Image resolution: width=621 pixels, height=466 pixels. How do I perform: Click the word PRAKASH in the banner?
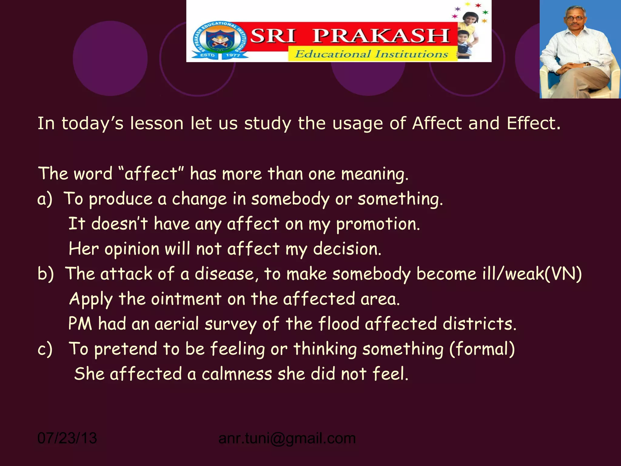point(381,36)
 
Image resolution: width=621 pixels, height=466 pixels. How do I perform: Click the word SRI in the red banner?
point(273,36)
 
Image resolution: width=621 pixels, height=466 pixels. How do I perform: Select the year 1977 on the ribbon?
point(233,55)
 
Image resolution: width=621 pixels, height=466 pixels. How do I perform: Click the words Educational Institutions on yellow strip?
point(371,54)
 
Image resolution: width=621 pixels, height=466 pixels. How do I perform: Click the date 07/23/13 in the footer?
point(67,438)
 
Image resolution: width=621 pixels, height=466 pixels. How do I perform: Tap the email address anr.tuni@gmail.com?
point(287,438)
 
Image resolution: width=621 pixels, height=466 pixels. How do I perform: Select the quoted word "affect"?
point(151,174)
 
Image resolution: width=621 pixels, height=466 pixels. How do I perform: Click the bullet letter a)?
point(45,199)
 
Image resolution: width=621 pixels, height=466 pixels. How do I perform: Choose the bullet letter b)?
point(45,274)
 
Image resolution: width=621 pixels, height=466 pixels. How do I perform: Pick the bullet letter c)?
point(45,349)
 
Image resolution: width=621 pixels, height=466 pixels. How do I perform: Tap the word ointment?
point(186,299)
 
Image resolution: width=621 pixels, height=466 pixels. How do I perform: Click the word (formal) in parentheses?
point(482,349)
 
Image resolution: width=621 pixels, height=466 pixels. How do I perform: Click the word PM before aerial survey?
point(80,324)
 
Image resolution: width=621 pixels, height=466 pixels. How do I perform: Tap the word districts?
point(479,324)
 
